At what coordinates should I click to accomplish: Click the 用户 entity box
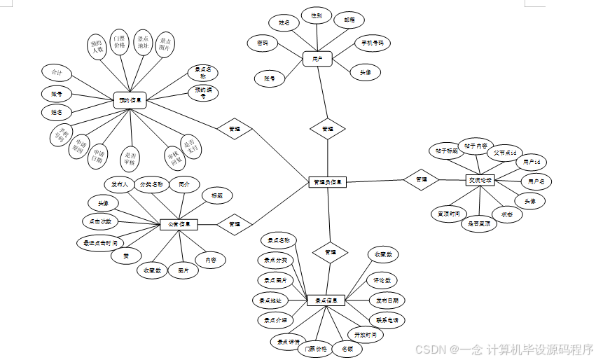click(x=317, y=59)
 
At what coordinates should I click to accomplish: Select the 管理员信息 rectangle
click(x=327, y=182)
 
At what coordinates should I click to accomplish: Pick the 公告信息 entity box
click(x=179, y=224)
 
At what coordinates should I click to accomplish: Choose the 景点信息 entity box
click(x=326, y=300)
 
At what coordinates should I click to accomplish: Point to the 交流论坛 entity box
click(x=480, y=180)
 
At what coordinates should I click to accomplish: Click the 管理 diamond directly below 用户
click(x=327, y=129)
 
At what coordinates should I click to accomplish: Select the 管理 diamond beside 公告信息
click(x=235, y=224)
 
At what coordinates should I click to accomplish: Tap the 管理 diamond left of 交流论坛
click(x=421, y=180)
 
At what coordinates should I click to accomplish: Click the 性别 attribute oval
click(x=316, y=15)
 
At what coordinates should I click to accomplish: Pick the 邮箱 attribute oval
click(x=349, y=21)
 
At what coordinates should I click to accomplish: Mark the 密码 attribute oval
click(x=263, y=43)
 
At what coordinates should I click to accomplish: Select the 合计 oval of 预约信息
click(x=57, y=72)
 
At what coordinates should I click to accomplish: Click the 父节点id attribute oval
click(x=504, y=151)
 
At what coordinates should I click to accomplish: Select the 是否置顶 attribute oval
click(x=479, y=224)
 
